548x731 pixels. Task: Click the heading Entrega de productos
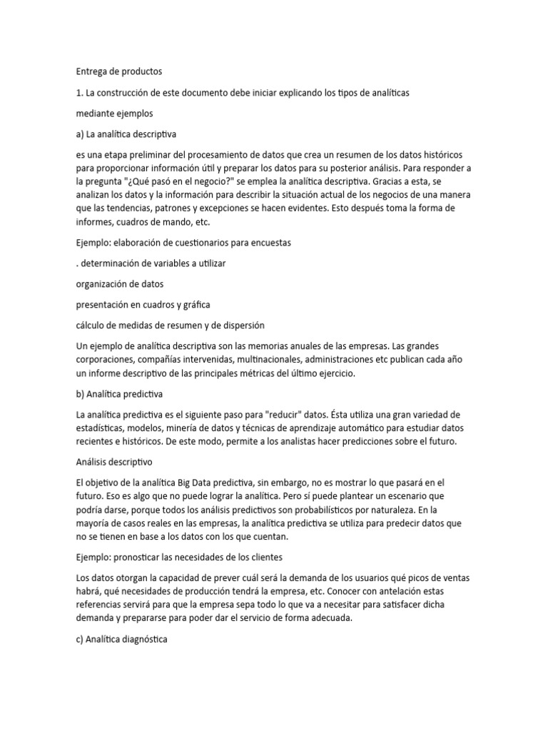[x=119, y=71]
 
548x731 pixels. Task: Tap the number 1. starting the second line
[x=79, y=93]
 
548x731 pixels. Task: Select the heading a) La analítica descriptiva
[x=126, y=134]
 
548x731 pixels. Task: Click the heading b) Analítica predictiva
[x=120, y=394]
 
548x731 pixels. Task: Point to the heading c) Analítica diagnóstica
[x=121, y=640]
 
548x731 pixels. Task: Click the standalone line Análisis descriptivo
[x=114, y=463]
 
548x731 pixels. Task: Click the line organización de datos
[x=119, y=283]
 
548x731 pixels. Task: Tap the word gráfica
[x=195, y=304]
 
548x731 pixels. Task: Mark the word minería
[x=185, y=428]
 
